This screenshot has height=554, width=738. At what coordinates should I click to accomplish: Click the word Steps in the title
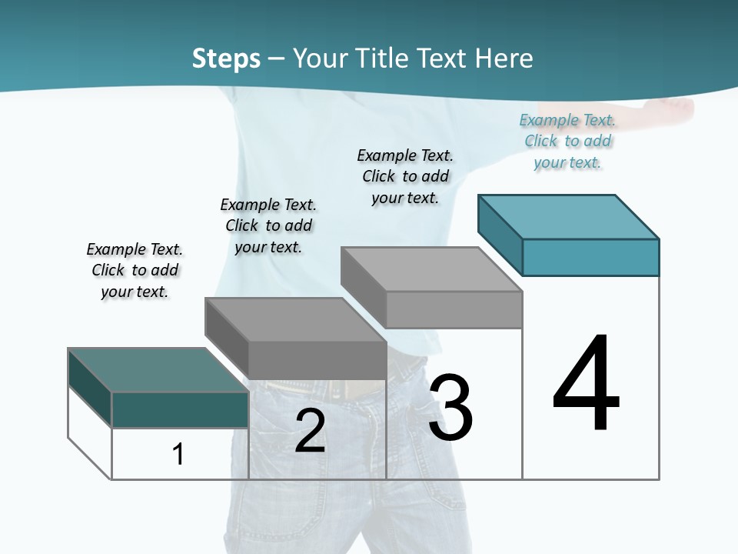[226, 58]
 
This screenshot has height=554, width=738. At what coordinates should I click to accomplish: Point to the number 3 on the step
[450, 408]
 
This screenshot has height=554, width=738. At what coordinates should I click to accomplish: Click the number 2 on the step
[310, 431]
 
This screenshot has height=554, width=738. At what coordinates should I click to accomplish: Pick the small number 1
[178, 455]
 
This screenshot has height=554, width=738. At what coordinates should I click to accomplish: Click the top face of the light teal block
[569, 217]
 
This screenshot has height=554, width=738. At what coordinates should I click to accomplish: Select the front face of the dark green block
[180, 409]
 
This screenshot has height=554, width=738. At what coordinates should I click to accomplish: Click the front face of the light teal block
[590, 257]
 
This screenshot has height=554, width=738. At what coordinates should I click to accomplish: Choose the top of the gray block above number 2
[296, 320]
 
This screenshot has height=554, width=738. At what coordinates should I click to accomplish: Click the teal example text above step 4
[567, 141]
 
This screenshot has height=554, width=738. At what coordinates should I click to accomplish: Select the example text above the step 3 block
[405, 176]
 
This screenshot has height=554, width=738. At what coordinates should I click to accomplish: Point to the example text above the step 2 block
[268, 225]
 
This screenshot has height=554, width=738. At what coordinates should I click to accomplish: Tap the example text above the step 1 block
[135, 270]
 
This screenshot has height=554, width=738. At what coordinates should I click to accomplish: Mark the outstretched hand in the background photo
[676, 108]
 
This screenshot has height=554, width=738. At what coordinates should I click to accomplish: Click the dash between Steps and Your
[276, 59]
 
